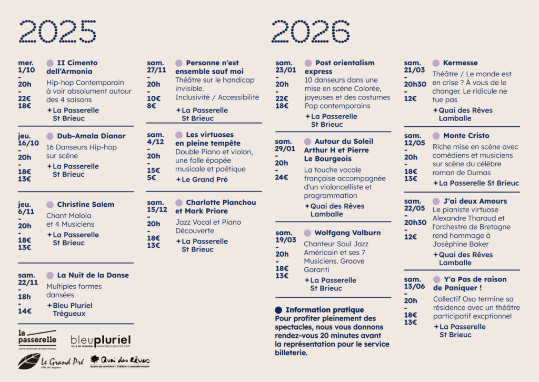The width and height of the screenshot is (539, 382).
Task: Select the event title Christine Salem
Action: tap(85, 205)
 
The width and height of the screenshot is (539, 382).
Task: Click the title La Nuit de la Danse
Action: tap(93, 275)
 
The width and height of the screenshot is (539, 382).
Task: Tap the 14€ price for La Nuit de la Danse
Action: tap(25, 311)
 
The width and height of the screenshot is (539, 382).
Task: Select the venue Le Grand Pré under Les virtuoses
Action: tap(204, 179)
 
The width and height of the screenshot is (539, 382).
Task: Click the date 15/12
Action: tap(156, 211)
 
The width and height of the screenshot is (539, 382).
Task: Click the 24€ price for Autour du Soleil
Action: tap(282, 177)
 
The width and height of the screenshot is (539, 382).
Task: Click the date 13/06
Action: tap(413, 288)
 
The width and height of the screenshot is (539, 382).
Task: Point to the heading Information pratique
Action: tap(324, 310)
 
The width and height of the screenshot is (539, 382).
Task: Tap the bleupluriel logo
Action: tap(101, 341)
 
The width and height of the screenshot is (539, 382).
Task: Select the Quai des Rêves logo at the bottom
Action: tap(120, 361)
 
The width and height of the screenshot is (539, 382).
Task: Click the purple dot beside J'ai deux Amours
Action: tap(436, 202)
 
